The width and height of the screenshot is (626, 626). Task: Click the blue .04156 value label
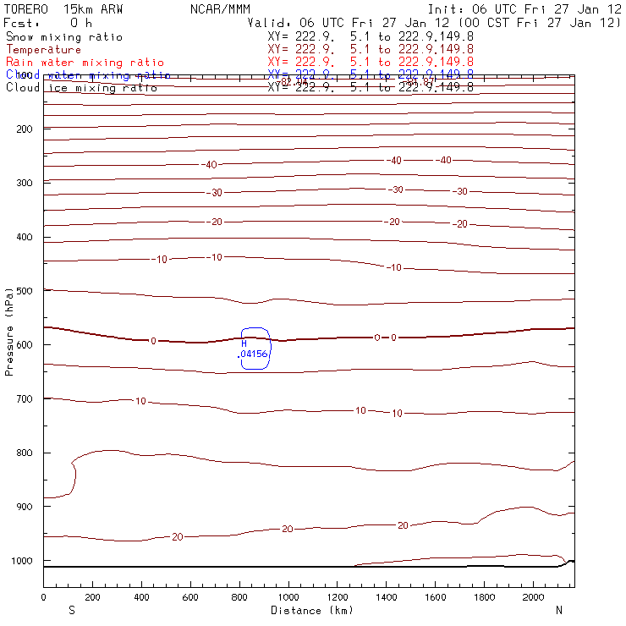[253, 354]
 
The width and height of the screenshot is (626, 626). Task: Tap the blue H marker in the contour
[244, 343]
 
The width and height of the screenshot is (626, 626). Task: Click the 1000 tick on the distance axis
[288, 597]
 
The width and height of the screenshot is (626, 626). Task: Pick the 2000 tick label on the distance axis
[534, 597]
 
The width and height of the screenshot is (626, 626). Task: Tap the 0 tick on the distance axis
[43, 597]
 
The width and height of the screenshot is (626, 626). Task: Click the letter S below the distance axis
[71, 610]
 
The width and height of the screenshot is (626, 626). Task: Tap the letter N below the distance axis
[558, 610]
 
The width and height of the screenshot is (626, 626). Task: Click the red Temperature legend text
[41, 50]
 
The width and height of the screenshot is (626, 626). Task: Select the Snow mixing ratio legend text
[64, 37]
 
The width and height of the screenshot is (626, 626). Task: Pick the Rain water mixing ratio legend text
[85, 63]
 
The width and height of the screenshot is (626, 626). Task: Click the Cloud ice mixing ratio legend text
[81, 87]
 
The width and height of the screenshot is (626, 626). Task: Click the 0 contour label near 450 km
[153, 341]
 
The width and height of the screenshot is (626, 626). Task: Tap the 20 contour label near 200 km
[178, 537]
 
